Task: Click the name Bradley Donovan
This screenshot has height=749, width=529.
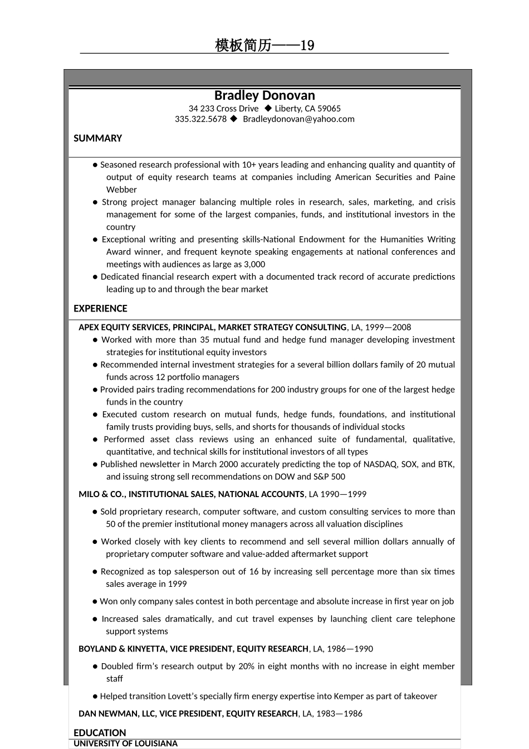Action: [x=264, y=95]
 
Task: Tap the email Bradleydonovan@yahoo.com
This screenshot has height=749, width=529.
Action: [x=298, y=119]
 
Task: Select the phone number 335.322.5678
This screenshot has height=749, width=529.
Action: [x=200, y=119]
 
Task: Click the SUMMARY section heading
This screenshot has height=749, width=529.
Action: [x=97, y=138]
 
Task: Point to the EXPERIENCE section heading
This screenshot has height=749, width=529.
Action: [x=100, y=309]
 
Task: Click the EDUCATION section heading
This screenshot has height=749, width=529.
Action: [x=100, y=733]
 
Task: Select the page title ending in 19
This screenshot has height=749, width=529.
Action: [x=264, y=45]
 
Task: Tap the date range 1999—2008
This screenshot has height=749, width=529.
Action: [x=388, y=328]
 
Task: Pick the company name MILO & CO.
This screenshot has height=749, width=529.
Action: [x=101, y=494]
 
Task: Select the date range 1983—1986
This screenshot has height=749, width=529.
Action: [x=339, y=714]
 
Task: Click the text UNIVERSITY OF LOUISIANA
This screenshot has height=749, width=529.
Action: [x=125, y=743]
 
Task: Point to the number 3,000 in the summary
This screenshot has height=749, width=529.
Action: [x=254, y=265]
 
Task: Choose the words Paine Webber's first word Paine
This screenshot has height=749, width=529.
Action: [x=444, y=177]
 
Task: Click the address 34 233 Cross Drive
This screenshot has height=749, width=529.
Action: [x=223, y=109]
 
